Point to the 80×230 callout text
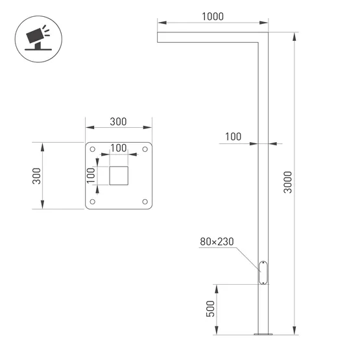tap(217, 242)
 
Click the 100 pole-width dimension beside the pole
tap(233, 136)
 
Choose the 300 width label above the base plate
tap(118, 121)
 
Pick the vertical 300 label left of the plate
tap(37, 176)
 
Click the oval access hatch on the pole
tap(263, 272)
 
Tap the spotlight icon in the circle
tap(35, 37)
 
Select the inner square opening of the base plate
tap(119, 176)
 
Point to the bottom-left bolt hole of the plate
tap(93, 202)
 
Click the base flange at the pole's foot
tap(263, 334)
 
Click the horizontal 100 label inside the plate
tap(118, 148)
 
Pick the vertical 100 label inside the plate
tap(91, 175)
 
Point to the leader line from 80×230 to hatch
tap(246, 256)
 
